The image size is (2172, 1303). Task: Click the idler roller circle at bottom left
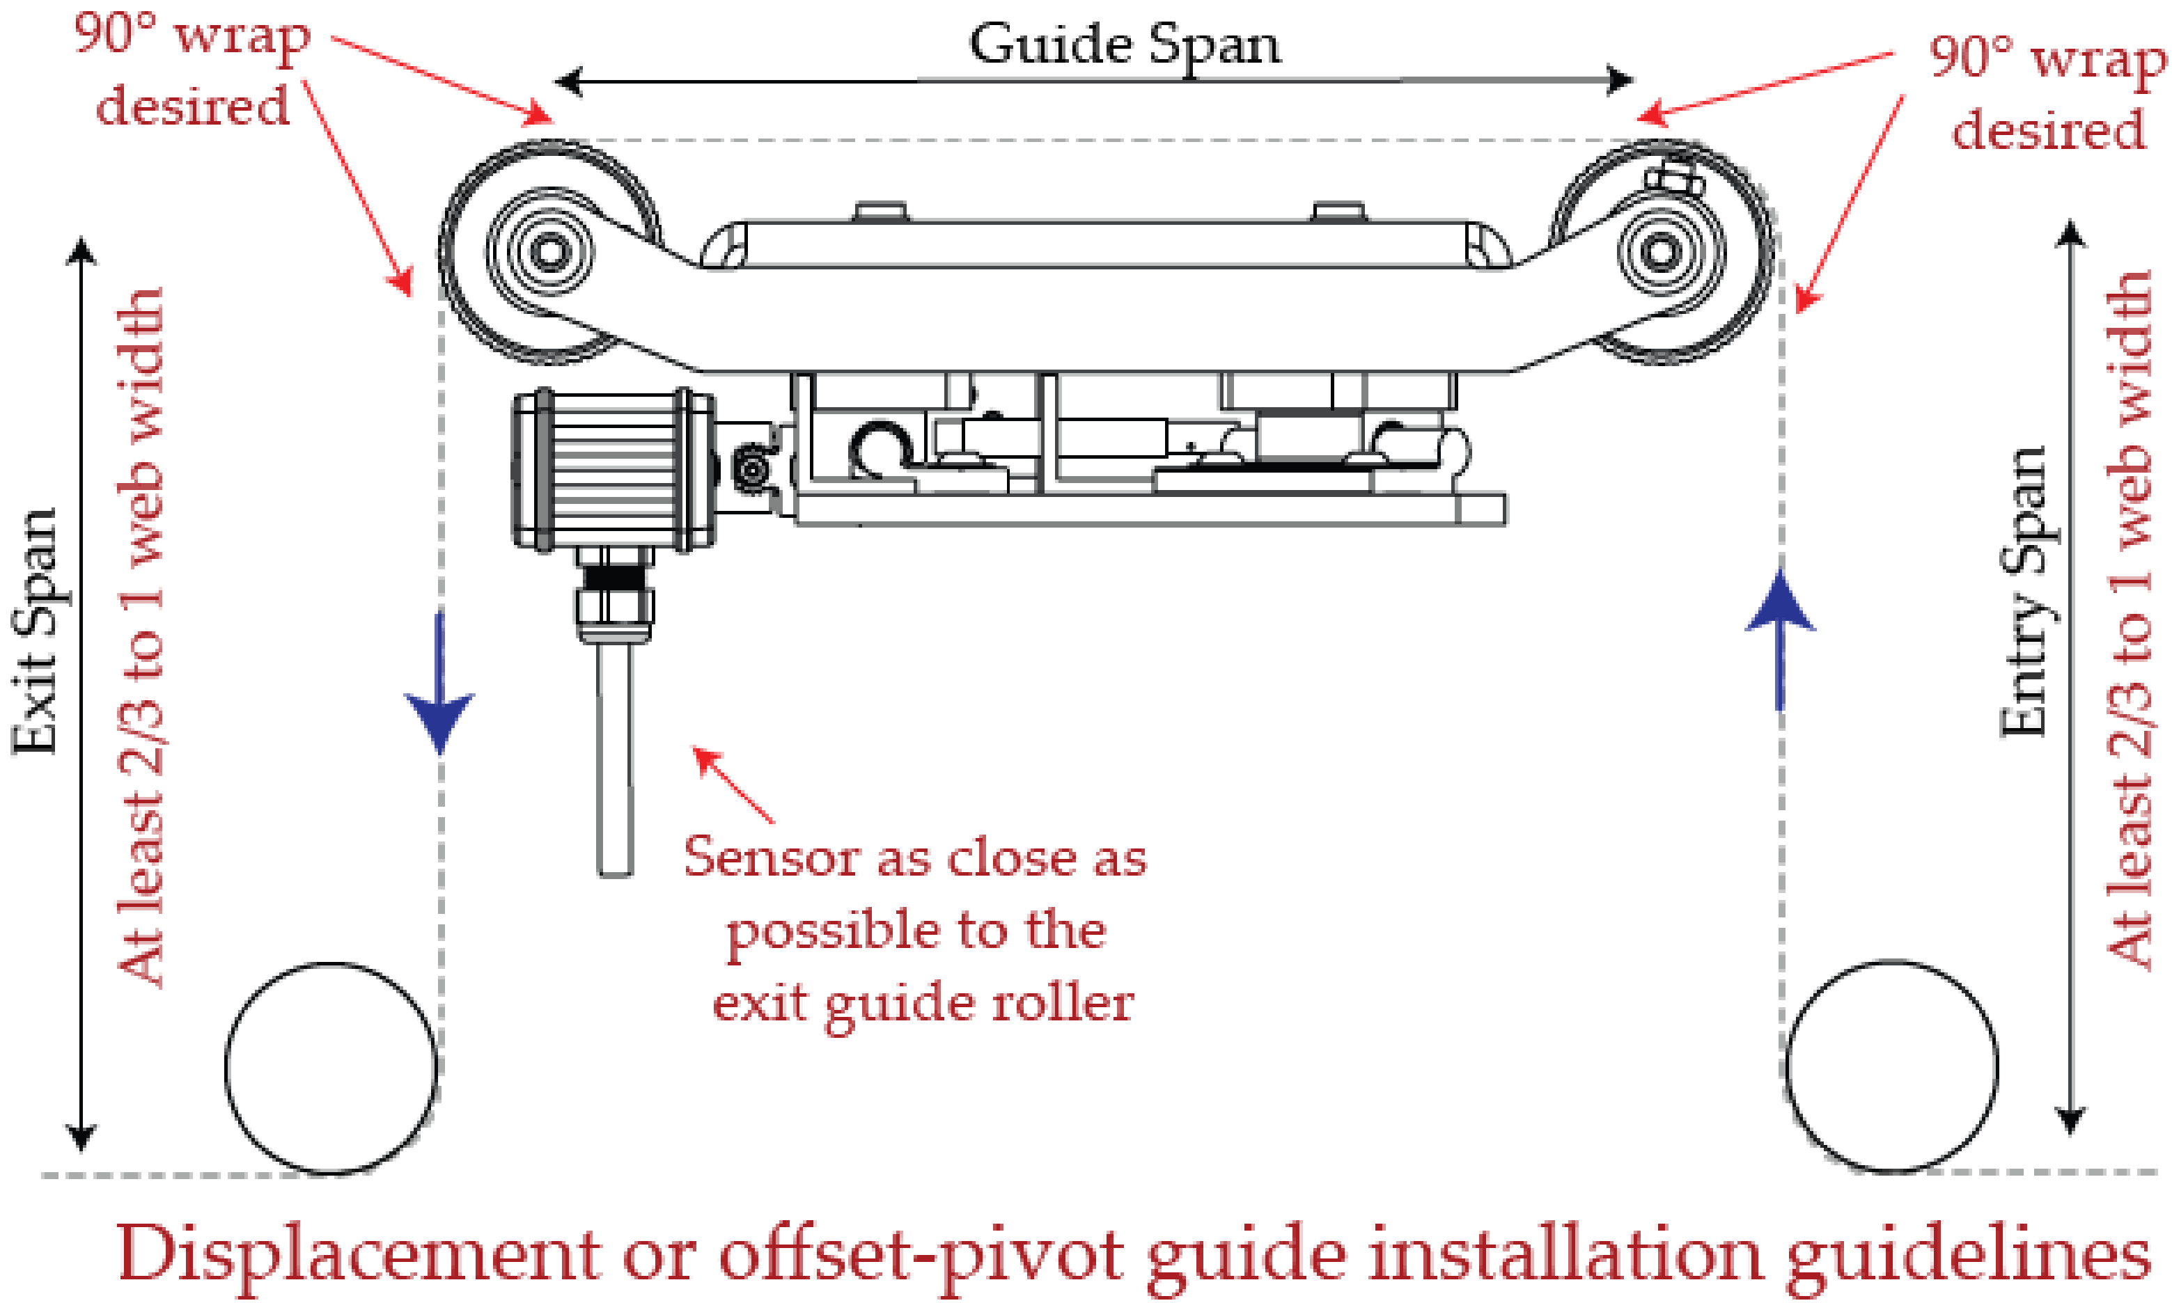(331, 1068)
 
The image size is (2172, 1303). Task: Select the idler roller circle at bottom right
(1892, 1066)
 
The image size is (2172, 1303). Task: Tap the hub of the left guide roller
(548, 252)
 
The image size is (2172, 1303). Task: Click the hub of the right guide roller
(1660, 253)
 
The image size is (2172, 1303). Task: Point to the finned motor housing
(612, 471)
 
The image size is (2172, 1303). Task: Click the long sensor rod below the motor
(615, 755)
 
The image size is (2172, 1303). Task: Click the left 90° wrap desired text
(192, 70)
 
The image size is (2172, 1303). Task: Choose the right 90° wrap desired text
(2047, 92)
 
